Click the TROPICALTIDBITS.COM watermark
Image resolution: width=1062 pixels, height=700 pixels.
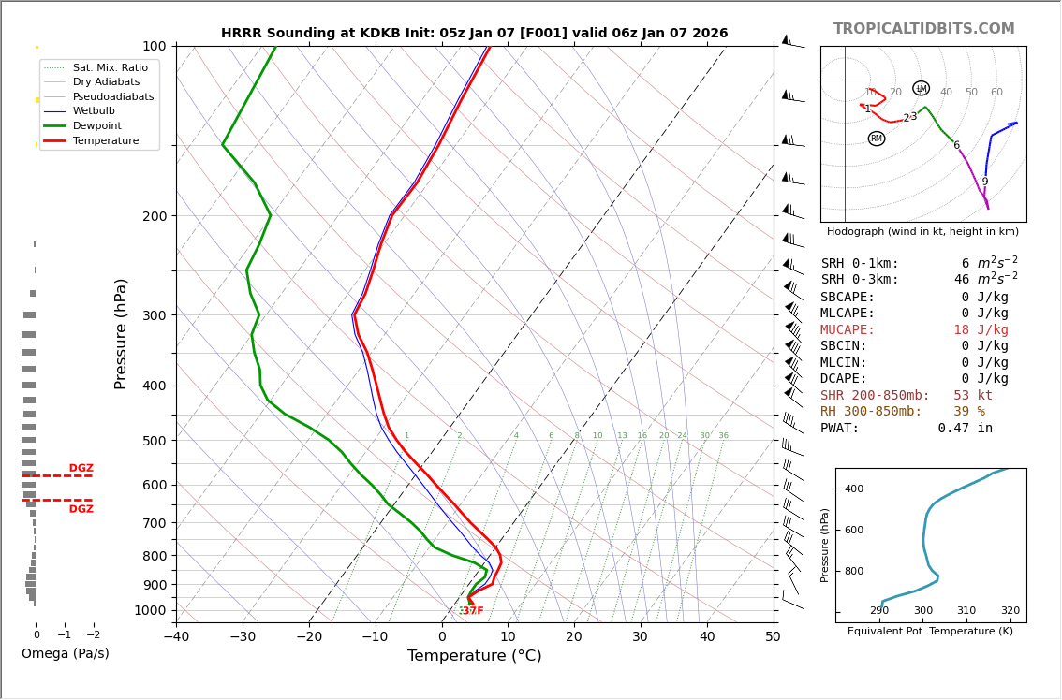point(923,29)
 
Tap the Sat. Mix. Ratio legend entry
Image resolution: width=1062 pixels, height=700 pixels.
point(110,68)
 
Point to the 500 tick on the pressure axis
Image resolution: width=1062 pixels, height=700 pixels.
point(155,441)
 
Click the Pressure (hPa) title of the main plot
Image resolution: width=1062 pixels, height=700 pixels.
point(122,333)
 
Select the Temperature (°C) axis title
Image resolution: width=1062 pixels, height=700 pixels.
point(474,656)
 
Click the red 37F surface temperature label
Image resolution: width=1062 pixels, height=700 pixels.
point(472,611)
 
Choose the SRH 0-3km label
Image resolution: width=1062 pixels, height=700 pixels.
point(860,280)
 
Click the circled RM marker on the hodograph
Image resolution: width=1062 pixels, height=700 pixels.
point(877,139)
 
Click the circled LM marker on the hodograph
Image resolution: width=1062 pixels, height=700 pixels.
point(921,89)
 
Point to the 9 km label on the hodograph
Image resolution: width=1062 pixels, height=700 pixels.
point(984,182)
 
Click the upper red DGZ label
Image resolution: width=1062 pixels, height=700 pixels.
point(81,469)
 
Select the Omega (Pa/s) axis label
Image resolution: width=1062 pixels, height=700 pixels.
point(65,654)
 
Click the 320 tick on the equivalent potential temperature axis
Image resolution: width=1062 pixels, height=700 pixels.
point(1010,611)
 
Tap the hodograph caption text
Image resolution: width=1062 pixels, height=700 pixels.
point(922,231)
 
